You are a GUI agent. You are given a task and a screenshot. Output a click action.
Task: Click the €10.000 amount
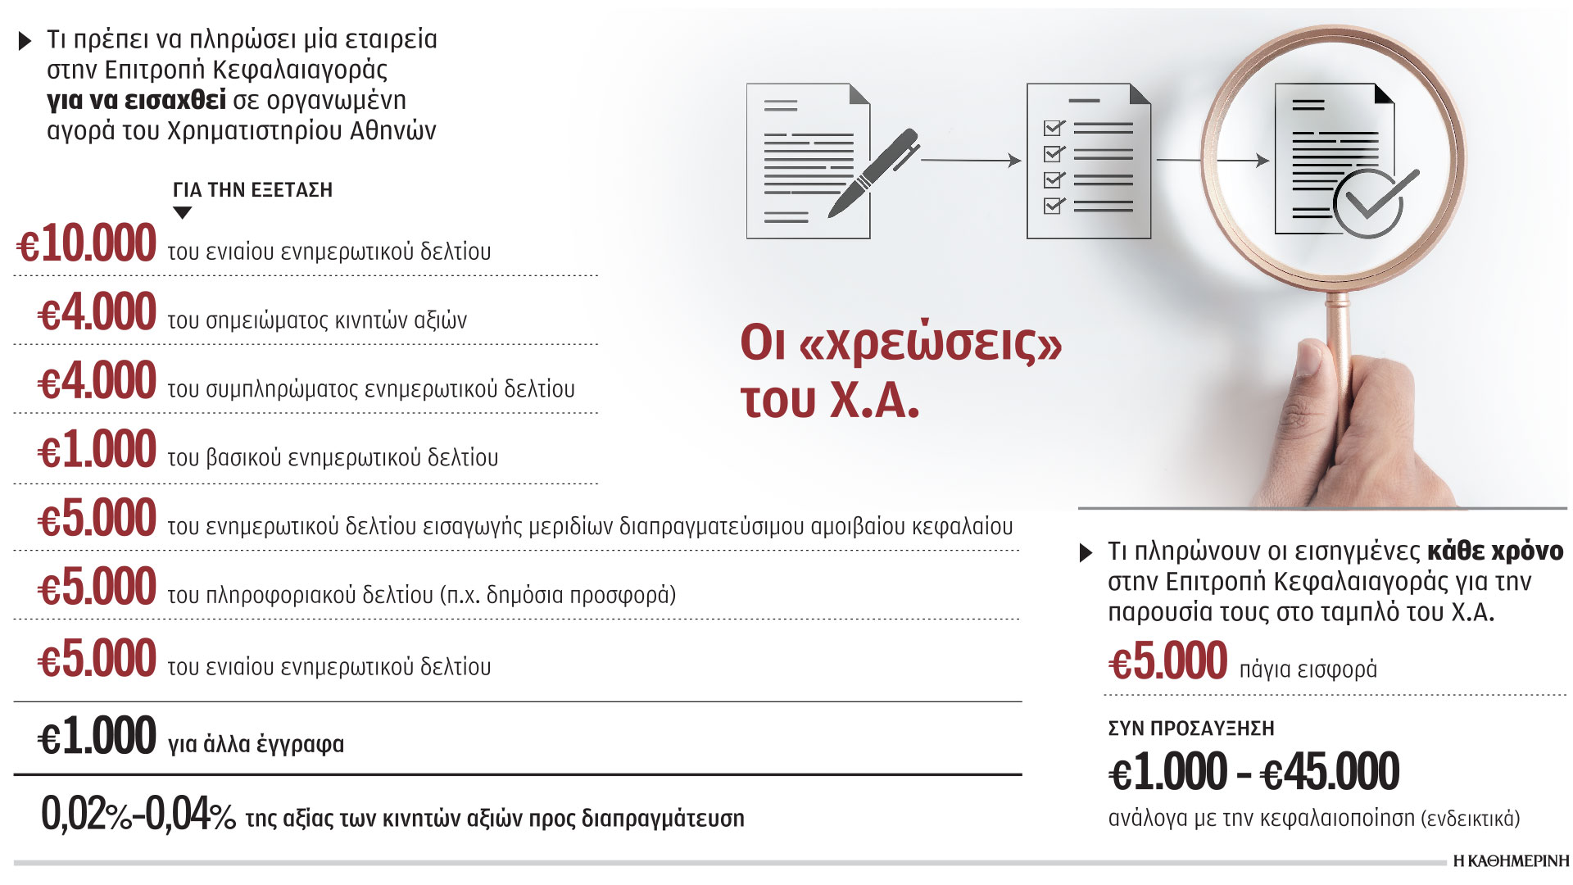(87, 243)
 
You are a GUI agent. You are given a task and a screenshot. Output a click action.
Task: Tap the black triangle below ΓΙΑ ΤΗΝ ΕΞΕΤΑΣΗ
(183, 213)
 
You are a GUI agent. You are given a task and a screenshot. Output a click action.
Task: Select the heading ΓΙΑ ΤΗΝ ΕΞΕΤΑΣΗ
(252, 190)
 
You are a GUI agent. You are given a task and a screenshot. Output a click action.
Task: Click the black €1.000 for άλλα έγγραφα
(97, 736)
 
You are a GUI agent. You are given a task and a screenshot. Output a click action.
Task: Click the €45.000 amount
(1329, 772)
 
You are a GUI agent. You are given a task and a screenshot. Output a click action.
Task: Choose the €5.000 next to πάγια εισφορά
(1167, 662)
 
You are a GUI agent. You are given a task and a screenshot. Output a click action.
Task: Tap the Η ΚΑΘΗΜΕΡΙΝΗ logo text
(1511, 861)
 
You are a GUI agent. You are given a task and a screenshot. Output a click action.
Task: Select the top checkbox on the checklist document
(1054, 128)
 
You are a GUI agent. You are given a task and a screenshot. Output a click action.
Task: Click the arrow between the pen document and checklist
(971, 161)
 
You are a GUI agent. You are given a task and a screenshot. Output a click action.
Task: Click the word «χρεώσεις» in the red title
(929, 344)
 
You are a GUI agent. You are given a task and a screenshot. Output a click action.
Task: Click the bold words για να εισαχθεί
(136, 100)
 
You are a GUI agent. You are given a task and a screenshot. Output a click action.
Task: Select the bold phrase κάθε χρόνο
(1494, 551)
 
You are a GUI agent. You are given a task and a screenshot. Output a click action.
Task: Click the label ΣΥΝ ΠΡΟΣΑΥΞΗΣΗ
(1190, 728)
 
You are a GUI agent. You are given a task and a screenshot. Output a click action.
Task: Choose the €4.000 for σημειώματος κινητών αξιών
(97, 312)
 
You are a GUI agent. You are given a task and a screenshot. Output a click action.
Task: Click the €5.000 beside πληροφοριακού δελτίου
(97, 588)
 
